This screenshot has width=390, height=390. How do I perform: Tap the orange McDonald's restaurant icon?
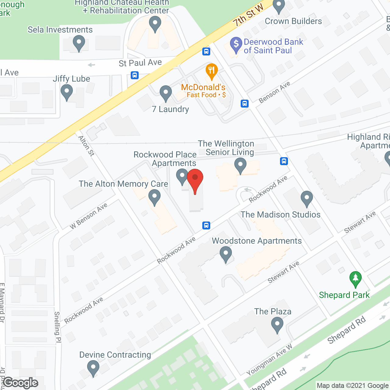click(x=211, y=71)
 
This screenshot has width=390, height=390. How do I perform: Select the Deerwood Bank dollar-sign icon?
click(x=236, y=44)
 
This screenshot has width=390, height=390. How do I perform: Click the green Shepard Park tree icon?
click(x=355, y=278)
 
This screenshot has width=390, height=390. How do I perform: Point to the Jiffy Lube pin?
click(x=67, y=92)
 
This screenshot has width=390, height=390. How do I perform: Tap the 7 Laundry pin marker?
click(x=166, y=93)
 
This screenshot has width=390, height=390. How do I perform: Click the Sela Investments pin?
click(x=79, y=43)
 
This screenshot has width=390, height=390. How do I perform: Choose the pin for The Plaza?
click(x=277, y=324)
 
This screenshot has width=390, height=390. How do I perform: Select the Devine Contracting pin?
click(x=93, y=367)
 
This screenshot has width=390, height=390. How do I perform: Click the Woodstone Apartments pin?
click(x=226, y=254)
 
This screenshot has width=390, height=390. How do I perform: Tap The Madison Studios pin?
click(x=307, y=198)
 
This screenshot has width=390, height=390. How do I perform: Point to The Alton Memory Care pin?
click(x=154, y=197)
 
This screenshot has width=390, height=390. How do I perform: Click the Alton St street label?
click(x=87, y=146)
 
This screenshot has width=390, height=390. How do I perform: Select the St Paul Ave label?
click(x=140, y=63)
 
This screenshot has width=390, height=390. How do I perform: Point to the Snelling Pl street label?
click(x=57, y=327)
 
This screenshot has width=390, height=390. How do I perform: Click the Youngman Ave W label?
click(x=269, y=360)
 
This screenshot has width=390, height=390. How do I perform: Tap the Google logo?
click(x=21, y=383)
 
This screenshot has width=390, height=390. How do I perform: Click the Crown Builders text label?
click(x=293, y=21)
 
